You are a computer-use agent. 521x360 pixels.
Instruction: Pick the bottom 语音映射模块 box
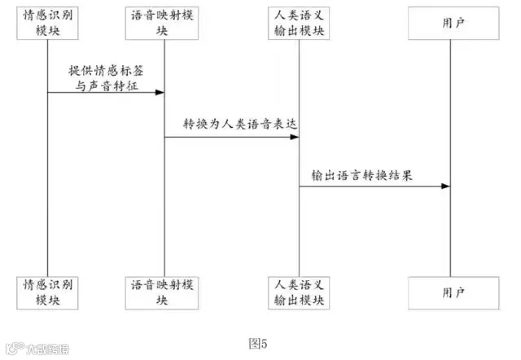tap(165, 292)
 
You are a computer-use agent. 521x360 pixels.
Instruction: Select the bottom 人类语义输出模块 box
tap(299, 292)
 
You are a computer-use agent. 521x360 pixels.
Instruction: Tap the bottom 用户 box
tap(452, 292)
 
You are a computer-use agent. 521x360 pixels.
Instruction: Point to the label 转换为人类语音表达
tap(231, 124)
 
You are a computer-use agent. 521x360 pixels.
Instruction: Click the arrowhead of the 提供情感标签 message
tap(160, 92)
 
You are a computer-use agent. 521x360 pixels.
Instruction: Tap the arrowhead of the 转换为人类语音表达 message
tap(294, 138)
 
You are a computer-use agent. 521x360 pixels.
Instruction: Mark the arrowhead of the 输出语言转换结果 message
tap(446, 187)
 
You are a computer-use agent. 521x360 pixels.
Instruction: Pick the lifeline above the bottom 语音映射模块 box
tap(165, 228)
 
